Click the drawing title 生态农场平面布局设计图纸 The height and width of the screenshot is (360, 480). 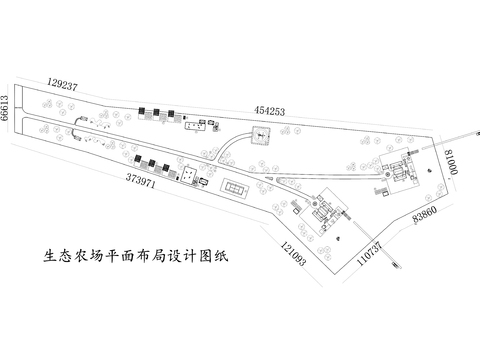coord(130,256)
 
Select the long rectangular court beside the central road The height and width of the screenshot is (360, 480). coord(236,187)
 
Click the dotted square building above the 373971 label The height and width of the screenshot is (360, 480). coord(187,174)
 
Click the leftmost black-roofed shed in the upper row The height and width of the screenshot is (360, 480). coord(142,112)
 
